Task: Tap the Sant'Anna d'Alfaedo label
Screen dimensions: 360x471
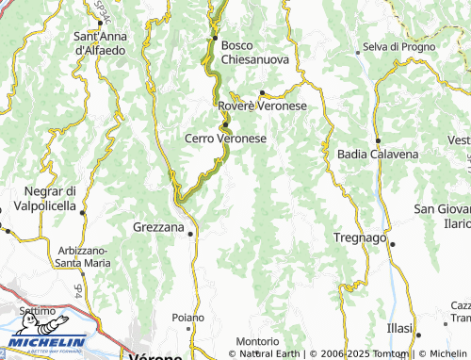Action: pyautogui.click(x=100, y=42)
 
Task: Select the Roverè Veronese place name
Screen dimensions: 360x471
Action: pyautogui.click(x=263, y=106)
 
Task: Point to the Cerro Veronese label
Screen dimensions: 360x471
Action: pyautogui.click(x=225, y=138)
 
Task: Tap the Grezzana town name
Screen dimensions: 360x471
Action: pyautogui.click(x=158, y=227)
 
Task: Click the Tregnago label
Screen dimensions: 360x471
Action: pyautogui.click(x=360, y=237)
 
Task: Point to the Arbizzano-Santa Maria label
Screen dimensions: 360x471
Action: pyautogui.click(x=82, y=255)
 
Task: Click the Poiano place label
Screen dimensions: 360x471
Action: pyautogui.click(x=187, y=318)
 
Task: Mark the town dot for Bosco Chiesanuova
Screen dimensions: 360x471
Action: pyautogui.click(x=216, y=38)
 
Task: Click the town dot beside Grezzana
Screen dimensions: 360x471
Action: pyautogui.click(x=191, y=233)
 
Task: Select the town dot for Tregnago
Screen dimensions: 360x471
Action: pyautogui.click(x=393, y=243)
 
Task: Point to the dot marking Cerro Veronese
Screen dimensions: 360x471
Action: pyautogui.click(x=226, y=123)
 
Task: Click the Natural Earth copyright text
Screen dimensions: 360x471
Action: pyautogui.click(x=271, y=353)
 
